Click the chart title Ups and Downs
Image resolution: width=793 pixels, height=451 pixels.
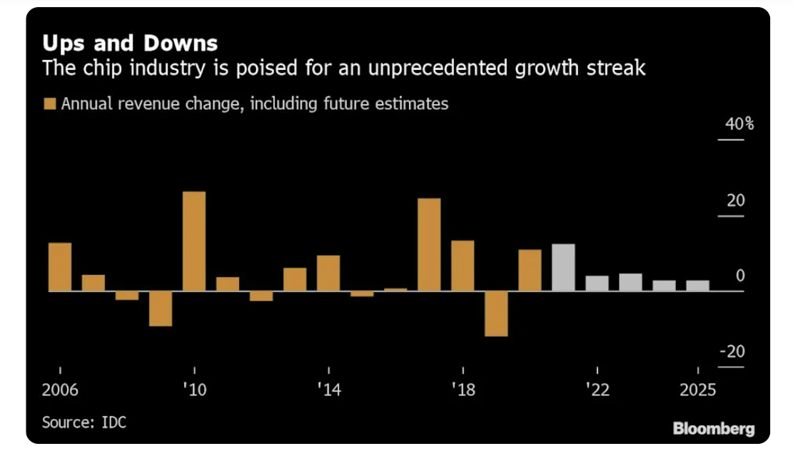[x=129, y=44]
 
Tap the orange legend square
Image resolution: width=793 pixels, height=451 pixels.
[x=50, y=104]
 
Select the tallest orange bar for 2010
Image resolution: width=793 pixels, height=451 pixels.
[x=194, y=241]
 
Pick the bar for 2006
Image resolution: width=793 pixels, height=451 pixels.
[x=60, y=267]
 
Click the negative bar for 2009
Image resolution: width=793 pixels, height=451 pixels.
[x=161, y=308]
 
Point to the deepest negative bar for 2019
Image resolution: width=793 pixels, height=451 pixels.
[x=496, y=313]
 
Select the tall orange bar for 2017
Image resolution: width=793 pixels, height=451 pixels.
[x=429, y=245]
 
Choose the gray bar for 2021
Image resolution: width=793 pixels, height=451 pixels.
[x=563, y=268]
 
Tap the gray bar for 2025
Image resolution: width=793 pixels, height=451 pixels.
[x=697, y=285]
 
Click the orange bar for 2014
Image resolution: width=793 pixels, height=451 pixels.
[x=328, y=273]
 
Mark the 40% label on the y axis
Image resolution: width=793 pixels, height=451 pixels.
[x=739, y=124]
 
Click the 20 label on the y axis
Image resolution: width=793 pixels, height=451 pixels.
[x=735, y=201]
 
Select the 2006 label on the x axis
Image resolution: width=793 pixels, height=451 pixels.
[x=60, y=390]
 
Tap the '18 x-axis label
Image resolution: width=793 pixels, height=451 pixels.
[x=463, y=390]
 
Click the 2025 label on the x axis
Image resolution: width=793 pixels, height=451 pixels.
[x=695, y=390]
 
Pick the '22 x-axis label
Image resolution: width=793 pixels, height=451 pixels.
[x=597, y=390]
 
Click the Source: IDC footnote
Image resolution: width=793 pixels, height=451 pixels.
[x=84, y=422]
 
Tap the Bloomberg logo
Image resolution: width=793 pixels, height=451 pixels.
[x=714, y=429]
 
